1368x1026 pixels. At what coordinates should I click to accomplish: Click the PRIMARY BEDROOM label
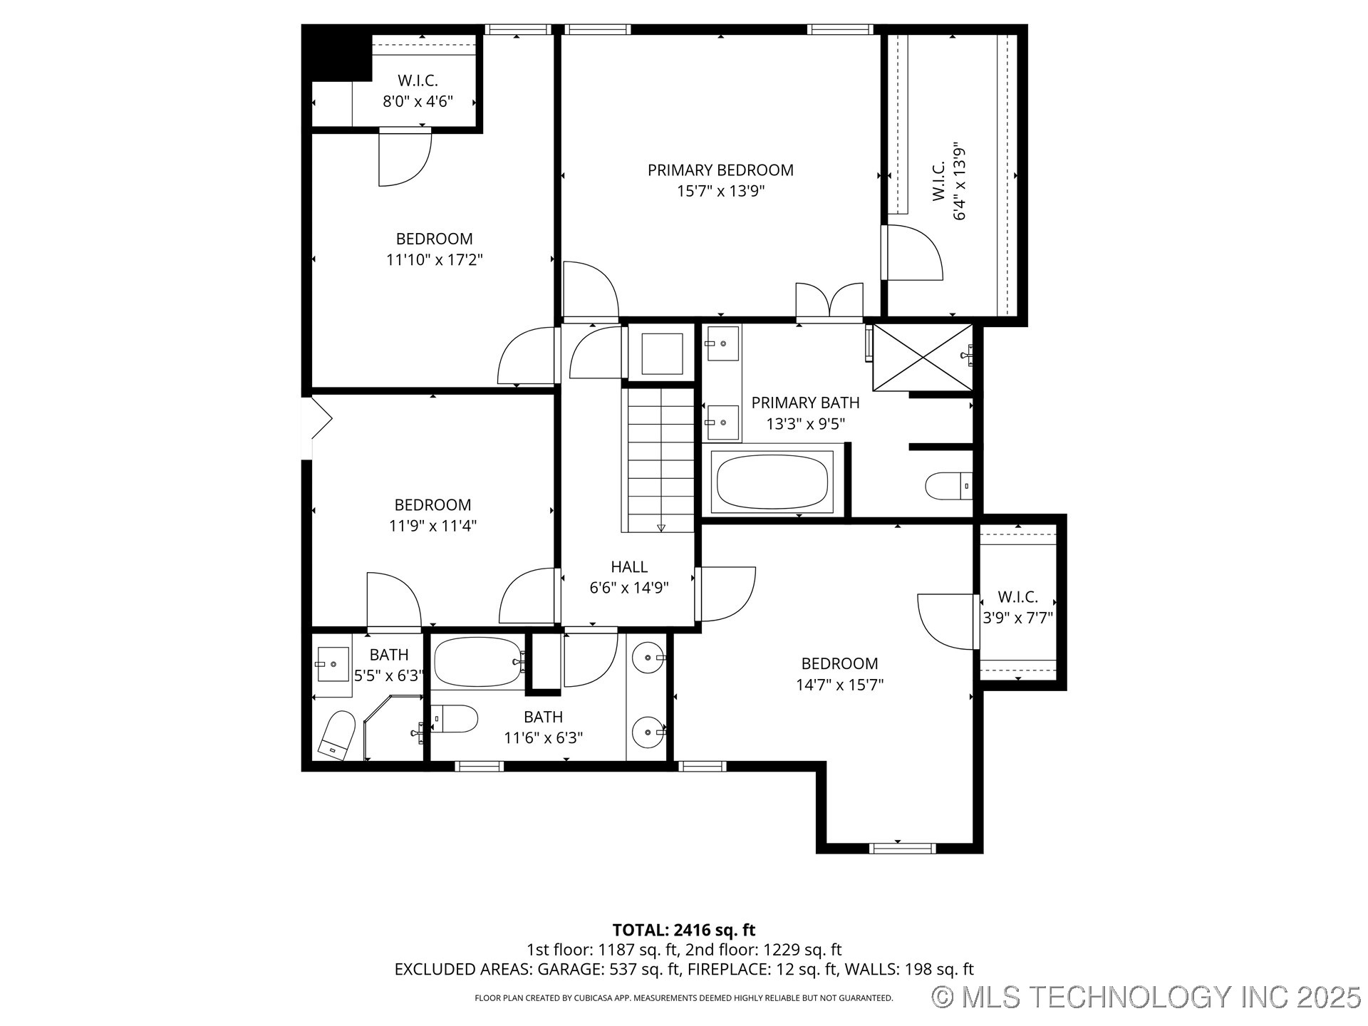tap(720, 170)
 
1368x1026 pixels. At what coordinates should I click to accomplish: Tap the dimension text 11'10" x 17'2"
tap(434, 260)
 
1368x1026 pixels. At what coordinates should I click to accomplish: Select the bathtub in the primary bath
tap(772, 482)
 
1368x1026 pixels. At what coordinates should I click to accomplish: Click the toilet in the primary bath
tap(947, 487)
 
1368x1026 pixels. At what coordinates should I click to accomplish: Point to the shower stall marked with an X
tap(923, 358)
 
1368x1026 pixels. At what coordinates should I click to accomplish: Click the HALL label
tap(629, 567)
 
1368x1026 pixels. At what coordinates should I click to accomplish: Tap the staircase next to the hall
tap(659, 460)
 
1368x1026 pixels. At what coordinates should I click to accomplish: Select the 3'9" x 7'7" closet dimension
tap(1017, 618)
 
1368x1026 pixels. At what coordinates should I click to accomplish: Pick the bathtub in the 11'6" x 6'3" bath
tap(478, 661)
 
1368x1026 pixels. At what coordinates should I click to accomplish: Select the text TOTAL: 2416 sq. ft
tap(683, 930)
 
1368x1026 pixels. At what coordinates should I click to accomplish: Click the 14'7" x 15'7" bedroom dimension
tap(839, 685)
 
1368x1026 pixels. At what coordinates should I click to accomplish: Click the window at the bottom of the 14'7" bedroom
tap(901, 848)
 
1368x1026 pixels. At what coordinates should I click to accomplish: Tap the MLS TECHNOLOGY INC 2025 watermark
tap(1147, 997)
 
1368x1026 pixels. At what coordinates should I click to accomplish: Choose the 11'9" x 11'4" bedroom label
tap(432, 505)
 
